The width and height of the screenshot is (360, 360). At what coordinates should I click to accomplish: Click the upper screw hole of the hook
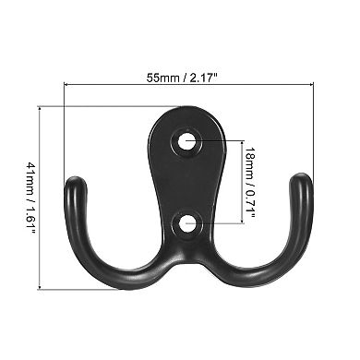(x=188, y=142)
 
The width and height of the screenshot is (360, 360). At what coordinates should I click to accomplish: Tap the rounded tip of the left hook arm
(x=75, y=183)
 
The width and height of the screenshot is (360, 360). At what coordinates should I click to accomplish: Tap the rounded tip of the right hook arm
(x=301, y=183)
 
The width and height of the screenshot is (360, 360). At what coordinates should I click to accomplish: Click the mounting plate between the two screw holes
(x=188, y=182)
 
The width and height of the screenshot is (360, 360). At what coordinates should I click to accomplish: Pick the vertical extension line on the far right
(x=314, y=129)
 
